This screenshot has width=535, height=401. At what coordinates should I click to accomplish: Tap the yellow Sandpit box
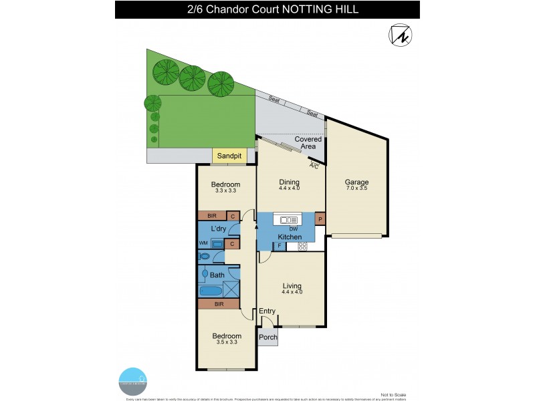tap(229, 156)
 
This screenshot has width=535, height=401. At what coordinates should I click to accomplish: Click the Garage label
tap(356, 182)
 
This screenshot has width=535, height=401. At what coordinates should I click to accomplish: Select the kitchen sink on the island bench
tap(290, 220)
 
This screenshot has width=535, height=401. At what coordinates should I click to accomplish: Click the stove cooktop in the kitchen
tap(302, 246)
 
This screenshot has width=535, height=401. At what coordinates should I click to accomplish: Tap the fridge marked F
tap(280, 246)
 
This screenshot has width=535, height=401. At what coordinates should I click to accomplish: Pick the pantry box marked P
tap(320, 219)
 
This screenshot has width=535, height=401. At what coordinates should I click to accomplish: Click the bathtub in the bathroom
tap(211, 291)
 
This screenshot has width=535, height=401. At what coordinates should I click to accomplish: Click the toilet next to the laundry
tap(205, 256)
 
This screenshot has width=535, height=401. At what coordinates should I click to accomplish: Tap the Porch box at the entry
tap(268, 338)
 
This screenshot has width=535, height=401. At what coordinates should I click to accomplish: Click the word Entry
tap(267, 311)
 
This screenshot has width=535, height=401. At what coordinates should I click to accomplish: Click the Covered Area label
tap(308, 143)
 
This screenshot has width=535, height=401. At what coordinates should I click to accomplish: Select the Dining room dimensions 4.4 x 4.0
tap(290, 188)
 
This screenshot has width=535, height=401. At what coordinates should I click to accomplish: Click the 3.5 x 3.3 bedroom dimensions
tap(227, 343)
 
